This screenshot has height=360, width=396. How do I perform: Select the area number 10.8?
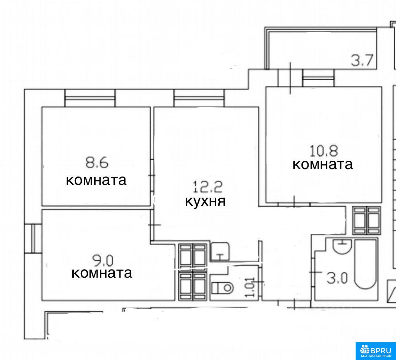tap(324, 151)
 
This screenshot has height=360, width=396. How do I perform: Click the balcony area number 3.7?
tap(362, 61)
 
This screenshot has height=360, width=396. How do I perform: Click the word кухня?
tap(205, 201)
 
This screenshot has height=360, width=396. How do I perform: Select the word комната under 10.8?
tap(323, 164)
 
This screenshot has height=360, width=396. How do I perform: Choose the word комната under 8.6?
tap(96, 181)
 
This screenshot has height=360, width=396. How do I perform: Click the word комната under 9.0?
tap(102, 273)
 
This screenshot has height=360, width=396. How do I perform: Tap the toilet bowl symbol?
tap(222, 288)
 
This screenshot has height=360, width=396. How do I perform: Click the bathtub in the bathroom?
tap(365, 264)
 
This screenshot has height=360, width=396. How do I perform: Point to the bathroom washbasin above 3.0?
tap(342, 246)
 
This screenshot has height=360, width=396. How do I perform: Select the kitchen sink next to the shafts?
tap(220, 251)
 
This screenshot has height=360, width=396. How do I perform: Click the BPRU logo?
tap(375, 351)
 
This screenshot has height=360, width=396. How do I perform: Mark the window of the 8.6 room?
tap(90, 98)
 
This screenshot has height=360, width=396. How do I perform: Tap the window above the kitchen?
tap(199, 98)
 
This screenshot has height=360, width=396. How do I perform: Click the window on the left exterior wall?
tap(33, 238)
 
